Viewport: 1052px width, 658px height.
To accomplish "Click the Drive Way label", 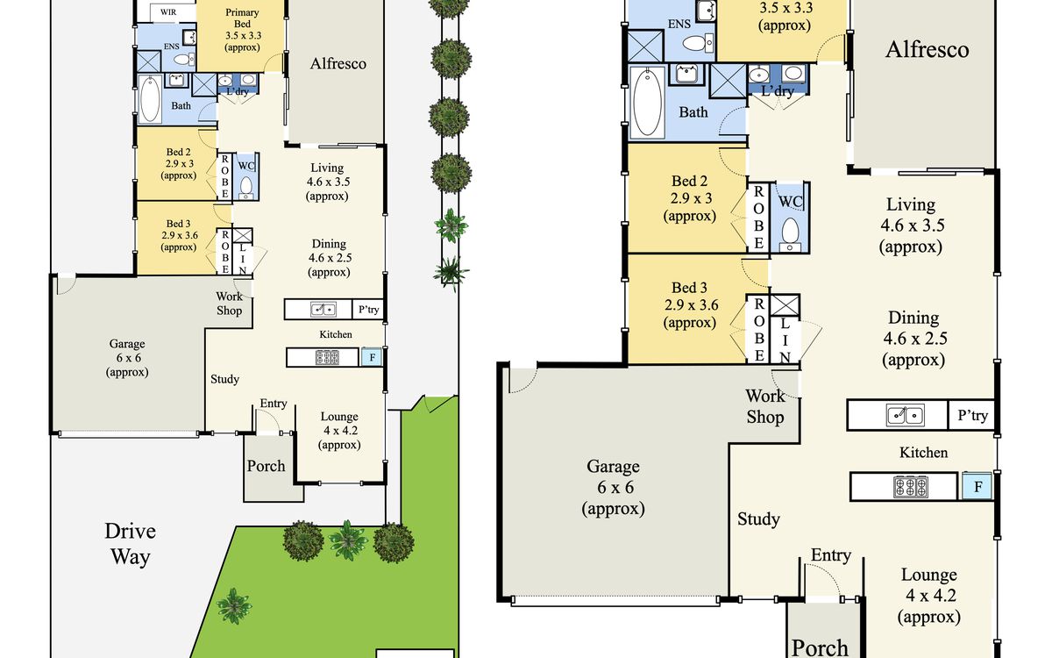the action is [130, 544].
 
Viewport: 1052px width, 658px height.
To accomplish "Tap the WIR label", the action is [168, 12].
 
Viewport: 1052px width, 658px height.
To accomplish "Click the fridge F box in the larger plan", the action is [977, 486].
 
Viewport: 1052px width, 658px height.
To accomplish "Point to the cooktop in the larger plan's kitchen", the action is [910, 487].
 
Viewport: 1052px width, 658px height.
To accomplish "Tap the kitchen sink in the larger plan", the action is [906, 415].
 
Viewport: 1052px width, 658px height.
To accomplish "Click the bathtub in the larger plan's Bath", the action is [648, 102].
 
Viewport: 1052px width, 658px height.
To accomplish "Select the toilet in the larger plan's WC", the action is [791, 233].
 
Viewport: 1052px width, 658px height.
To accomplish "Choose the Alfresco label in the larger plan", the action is [928, 50].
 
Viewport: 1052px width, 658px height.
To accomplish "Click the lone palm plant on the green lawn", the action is [233, 605].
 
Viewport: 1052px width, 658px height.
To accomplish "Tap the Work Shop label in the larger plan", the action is [765, 406].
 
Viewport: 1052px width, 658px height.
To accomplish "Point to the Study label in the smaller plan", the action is [224, 379].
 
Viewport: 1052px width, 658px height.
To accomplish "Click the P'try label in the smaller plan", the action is [369, 309].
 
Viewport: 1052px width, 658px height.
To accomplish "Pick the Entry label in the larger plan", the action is [831, 555].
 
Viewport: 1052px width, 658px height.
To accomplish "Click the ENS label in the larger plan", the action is [679, 24].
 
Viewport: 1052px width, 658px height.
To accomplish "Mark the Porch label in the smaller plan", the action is [266, 466].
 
